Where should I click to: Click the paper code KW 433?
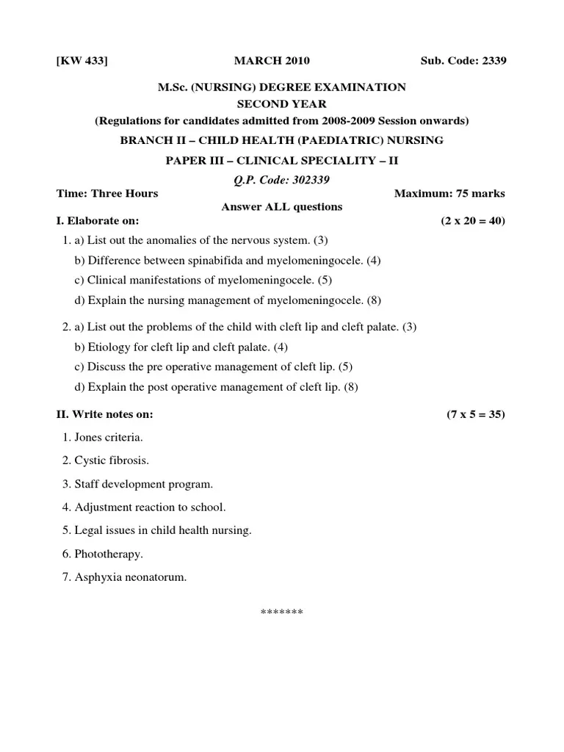(x=82, y=60)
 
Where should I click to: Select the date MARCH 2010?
(x=267, y=60)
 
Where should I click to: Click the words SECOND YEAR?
(x=281, y=104)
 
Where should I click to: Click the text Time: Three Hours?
(x=107, y=194)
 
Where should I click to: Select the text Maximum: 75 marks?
(x=449, y=194)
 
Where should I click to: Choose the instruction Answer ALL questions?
(x=282, y=207)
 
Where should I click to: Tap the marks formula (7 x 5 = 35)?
(x=476, y=414)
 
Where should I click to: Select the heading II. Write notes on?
(x=105, y=414)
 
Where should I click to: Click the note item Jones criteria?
(x=109, y=438)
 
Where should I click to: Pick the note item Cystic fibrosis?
(x=112, y=461)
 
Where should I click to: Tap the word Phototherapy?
(x=109, y=554)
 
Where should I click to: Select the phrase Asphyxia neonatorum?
(x=131, y=577)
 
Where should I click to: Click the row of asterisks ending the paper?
(x=282, y=612)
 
